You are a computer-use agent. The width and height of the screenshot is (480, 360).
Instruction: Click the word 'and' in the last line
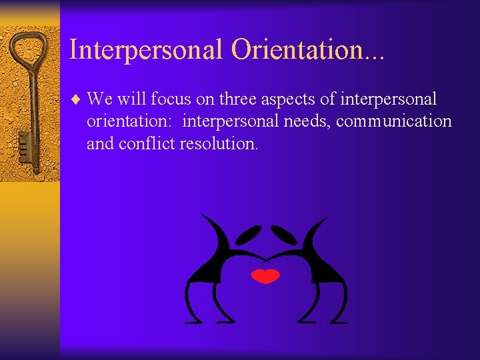tap(100, 143)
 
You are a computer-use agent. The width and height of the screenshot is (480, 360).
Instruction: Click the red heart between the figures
tap(266, 276)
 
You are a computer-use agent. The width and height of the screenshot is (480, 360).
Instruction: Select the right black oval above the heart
tap(284, 235)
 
